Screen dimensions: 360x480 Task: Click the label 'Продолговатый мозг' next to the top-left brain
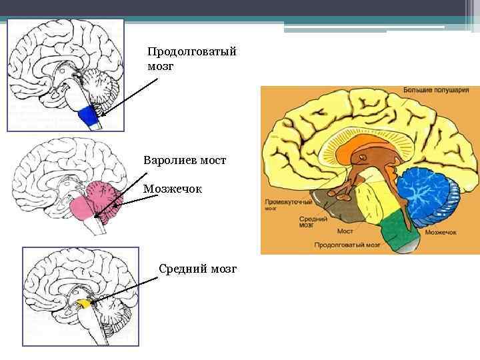pos(191,59)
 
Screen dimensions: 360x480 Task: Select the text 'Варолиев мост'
pos(185,160)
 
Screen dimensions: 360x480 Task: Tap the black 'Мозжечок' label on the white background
pos(172,189)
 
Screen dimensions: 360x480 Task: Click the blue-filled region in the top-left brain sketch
pos(87,117)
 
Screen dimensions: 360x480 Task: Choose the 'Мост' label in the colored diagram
pos(345,231)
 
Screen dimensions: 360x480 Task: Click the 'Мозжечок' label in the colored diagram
pos(440,233)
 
